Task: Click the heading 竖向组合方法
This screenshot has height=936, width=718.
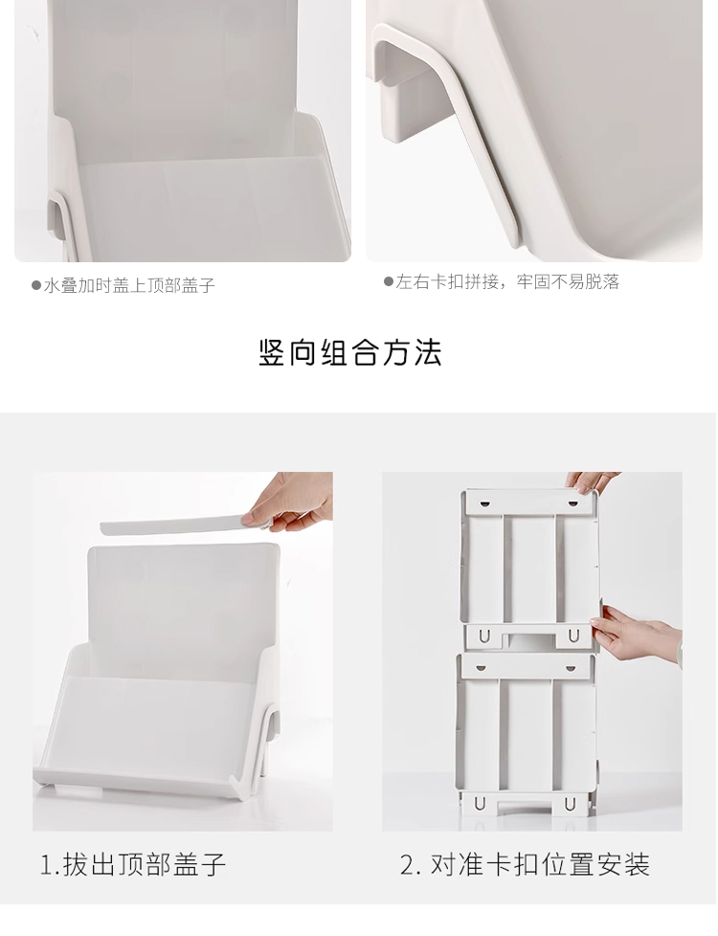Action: (350, 352)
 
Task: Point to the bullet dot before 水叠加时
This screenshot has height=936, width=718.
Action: (35, 285)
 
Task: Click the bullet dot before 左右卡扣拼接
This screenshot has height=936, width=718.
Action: (388, 281)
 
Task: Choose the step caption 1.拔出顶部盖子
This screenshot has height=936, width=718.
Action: (133, 864)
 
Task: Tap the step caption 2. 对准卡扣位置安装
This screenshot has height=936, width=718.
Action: (525, 864)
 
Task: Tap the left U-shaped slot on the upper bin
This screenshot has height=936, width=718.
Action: (481, 637)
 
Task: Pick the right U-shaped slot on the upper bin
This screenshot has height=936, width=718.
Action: (572, 636)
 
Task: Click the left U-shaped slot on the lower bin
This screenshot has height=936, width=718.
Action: (480, 804)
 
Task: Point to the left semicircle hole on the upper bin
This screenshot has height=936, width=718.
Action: (482, 503)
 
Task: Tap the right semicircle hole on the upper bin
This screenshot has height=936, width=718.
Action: (572, 503)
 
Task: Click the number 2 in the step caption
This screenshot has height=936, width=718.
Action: (408, 865)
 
